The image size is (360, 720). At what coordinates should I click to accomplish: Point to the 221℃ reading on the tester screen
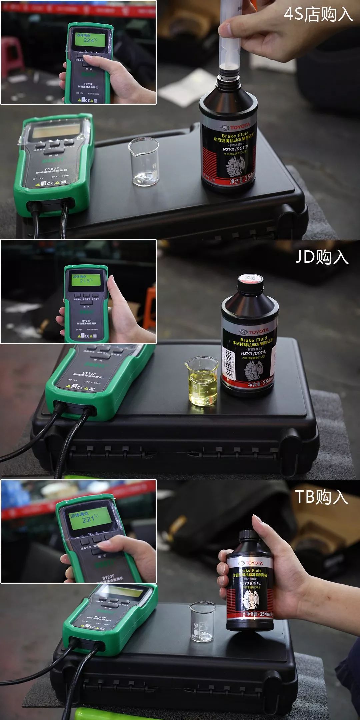point(90,519)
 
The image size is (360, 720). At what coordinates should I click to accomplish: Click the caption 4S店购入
point(318,15)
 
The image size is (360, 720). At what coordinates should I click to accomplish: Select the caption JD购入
point(322,257)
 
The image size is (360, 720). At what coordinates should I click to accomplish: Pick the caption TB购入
point(322,497)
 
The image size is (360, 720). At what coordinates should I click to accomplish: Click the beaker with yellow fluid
point(202,381)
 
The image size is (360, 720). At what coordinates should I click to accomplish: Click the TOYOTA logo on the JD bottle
point(255,332)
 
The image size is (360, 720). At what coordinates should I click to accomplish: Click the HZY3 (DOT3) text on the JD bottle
point(253,353)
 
